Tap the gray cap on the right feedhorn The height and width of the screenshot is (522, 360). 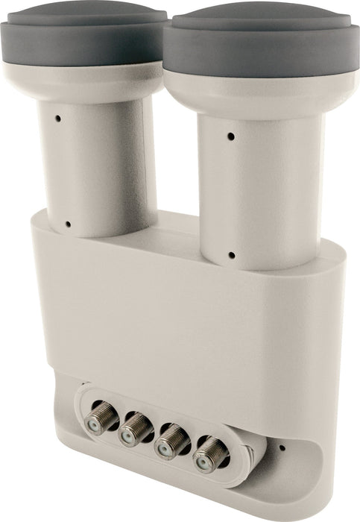click(261, 45)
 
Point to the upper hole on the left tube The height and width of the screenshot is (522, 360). click(58, 119)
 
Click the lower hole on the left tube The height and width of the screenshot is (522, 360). click(68, 223)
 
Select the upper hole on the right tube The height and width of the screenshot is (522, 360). click(230, 137)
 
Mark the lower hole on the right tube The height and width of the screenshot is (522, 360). click(232, 255)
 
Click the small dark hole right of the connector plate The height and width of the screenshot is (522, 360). click(281, 448)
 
